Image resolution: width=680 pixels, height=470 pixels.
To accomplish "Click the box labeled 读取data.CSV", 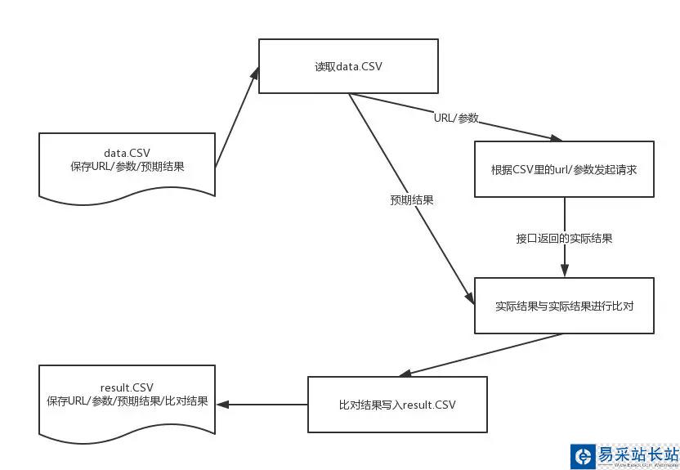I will [x=348, y=66].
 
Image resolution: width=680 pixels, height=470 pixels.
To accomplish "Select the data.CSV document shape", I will [x=127, y=164].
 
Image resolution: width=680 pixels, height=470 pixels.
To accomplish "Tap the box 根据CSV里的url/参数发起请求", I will [x=564, y=169].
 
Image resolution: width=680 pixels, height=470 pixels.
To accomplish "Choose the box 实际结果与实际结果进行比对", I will [x=564, y=306].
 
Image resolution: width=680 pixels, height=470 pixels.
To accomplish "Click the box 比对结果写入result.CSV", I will [x=397, y=404].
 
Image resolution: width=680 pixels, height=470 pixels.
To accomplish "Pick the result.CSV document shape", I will [x=127, y=398].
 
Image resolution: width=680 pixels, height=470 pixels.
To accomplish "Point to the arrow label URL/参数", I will [x=456, y=118].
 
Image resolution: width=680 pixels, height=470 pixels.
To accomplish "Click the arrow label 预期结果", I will [x=411, y=199].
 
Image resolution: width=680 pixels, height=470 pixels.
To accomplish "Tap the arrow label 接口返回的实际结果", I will [x=564, y=239].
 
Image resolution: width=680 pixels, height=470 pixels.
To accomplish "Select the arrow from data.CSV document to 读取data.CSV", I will [x=237, y=119].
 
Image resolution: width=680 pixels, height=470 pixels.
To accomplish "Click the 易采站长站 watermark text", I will [x=637, y=454].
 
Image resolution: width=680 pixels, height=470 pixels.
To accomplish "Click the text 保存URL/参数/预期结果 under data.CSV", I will [x=127, y=167].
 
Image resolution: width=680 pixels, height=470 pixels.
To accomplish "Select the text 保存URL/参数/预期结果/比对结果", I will [x=127, y=401].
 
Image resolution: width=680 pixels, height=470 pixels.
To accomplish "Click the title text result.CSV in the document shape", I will [x=127, y=387].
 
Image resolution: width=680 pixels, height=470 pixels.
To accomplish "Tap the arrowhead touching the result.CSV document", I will [x=222, y=404].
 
